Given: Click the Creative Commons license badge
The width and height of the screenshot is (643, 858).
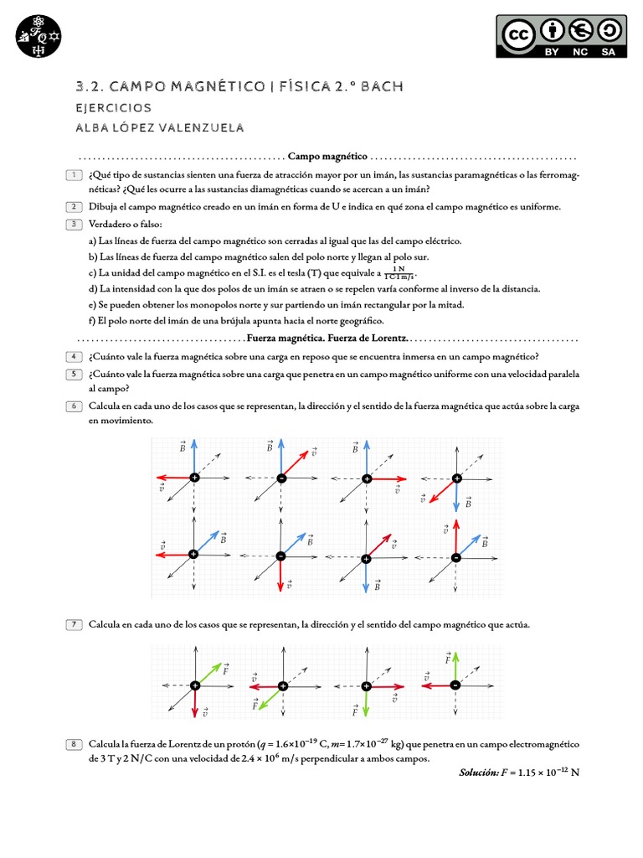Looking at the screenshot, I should coord(561,38).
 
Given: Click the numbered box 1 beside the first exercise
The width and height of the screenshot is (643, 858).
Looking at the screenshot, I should coord(75,174).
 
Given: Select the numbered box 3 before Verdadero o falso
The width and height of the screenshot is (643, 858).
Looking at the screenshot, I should coord(75,224).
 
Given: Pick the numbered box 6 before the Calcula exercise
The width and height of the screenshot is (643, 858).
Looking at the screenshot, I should coord(75,406).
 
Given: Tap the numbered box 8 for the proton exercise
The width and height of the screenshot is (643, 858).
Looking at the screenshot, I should coord(75,743).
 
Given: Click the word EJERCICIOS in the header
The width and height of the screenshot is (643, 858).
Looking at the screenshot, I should coord(114,108).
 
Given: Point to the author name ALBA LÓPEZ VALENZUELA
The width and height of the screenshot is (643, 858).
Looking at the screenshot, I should coord(159,127).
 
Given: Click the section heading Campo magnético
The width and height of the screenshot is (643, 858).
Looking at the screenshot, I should coord(327,156).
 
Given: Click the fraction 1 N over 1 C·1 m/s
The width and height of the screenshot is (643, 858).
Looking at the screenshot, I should coord(399,273).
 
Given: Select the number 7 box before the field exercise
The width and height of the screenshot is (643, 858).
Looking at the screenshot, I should coord(75,624).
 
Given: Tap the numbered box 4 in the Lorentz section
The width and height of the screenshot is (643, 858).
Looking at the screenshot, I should coord(75,356).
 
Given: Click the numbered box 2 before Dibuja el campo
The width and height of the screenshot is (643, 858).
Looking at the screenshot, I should coord(75,206).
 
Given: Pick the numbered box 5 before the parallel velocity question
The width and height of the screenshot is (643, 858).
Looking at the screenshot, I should coord(75,373).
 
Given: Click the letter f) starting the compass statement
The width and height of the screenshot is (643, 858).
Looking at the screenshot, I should coord(92,321).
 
